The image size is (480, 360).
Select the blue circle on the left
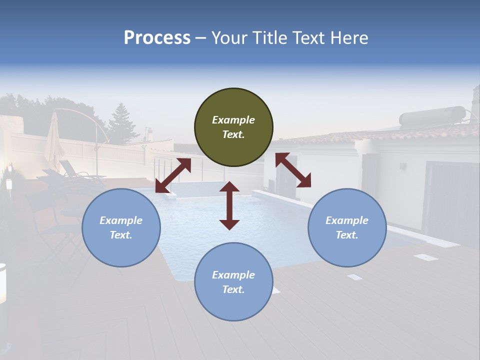pos(121,227)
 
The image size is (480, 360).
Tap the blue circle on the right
pos(347,227)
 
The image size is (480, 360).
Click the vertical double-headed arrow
pos(229,205)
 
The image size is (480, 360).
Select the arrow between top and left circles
pos(173,175)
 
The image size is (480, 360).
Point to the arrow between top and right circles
pos(293,170)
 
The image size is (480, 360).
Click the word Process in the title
pos(157,37)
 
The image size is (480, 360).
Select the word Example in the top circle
pos(233,120)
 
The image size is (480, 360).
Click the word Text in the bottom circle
pos(233,289)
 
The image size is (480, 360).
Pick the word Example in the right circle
pos(347,220)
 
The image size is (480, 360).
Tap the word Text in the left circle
pos(121,235)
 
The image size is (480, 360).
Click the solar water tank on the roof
pos(432,116)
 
